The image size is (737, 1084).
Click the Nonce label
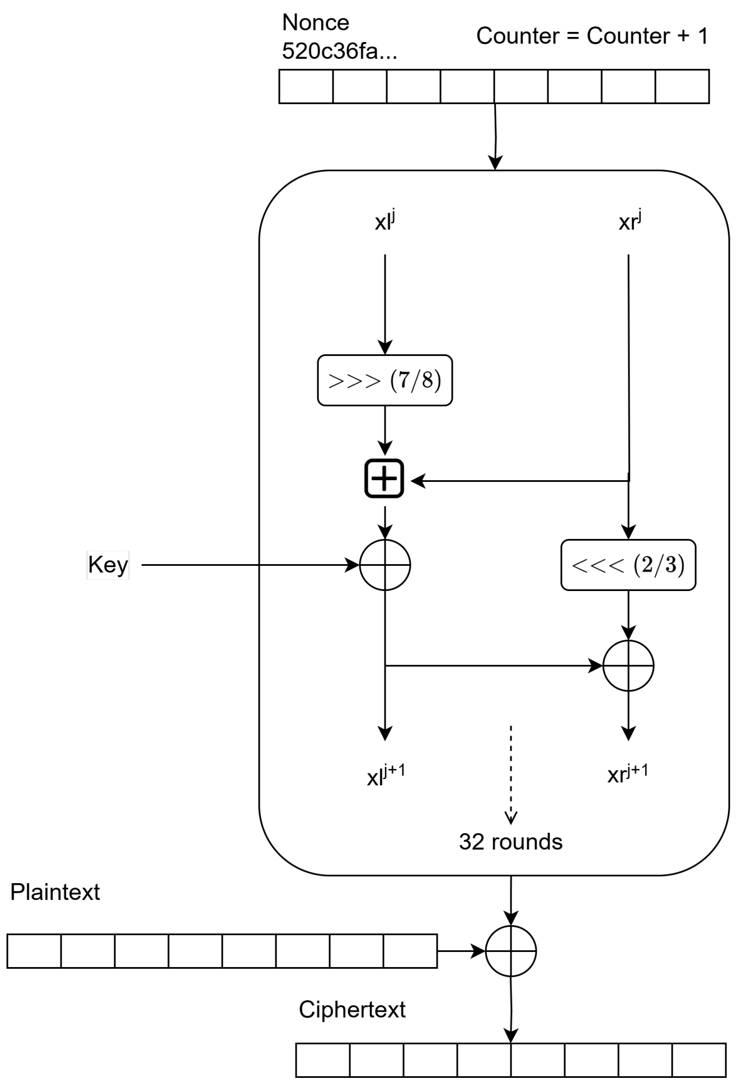pos(316,23)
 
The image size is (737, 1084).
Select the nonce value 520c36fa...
pos(339,51)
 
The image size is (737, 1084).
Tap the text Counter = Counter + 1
pos(592,36)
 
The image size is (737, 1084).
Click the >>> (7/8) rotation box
pos(384,381)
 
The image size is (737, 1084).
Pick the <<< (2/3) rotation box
pos(628,565)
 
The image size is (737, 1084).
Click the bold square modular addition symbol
pos(384,479)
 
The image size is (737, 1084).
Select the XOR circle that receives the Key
pos(385,565)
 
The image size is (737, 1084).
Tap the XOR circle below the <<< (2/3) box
pos(628,666)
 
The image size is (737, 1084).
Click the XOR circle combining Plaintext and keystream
pos(511,951)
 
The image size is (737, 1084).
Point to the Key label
pos(108,565)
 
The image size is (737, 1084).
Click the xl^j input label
pos(384,220)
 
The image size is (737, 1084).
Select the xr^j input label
pos(630,220)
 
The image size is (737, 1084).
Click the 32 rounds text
pos(510,842)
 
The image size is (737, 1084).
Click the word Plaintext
pos(55,892)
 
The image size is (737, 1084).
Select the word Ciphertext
pos(352,1010)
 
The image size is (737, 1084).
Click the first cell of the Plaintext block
pos(34,951)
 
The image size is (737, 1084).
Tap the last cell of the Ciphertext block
pos(699,1060)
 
